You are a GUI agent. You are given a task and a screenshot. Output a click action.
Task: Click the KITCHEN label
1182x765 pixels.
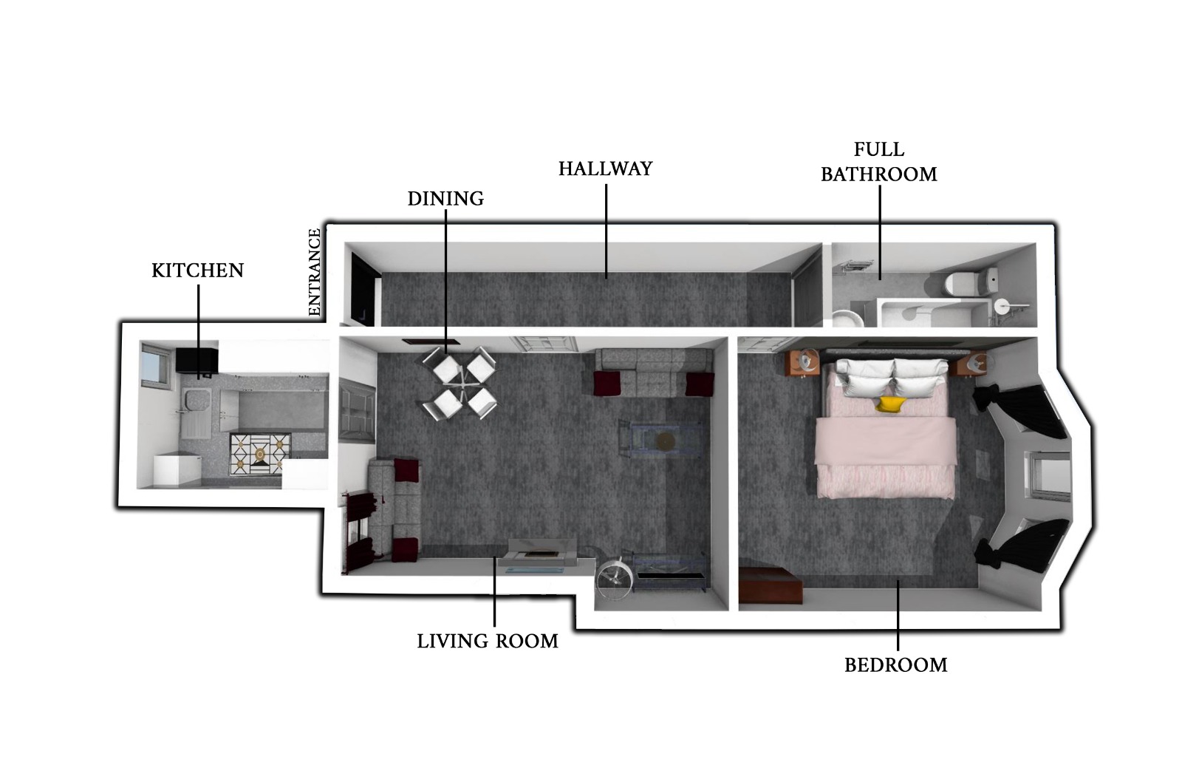pyautogui.click(x=197, y=271)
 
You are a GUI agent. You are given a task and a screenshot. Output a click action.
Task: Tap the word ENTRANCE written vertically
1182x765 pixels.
pyautogui.click(x=314, y=273)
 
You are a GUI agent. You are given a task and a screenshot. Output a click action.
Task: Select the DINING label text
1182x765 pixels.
pyautogui.click(x=445, y=199)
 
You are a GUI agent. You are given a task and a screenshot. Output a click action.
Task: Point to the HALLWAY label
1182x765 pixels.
pyautogui.click(x=605, y=169)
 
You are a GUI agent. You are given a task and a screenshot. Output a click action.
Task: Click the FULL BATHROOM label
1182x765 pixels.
pyautogui.click(x=878, y=162)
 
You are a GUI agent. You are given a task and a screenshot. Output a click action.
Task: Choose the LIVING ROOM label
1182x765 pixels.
pyautogui.click(x=488, y=641)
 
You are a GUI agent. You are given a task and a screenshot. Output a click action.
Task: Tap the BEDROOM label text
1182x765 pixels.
pyautogui.click(x=896, y=664)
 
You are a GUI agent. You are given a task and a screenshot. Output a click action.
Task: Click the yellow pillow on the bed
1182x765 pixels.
pyautogui.click(x=890, y=404)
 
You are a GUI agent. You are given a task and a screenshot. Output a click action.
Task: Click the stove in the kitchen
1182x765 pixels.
pyautogui.click(x=260, y=454)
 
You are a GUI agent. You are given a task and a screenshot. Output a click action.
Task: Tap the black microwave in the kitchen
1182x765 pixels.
pyautogui.click(x=197, y=361)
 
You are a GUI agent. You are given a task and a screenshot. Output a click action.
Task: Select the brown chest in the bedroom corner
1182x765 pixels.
pyautogui.click(x=771, y=585)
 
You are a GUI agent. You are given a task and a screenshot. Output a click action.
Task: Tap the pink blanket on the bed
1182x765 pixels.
pyautogui.click(x=886, y=458)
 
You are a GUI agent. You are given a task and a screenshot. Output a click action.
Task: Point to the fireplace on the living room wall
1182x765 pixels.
pyautogui.click(x=542, y=554)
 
